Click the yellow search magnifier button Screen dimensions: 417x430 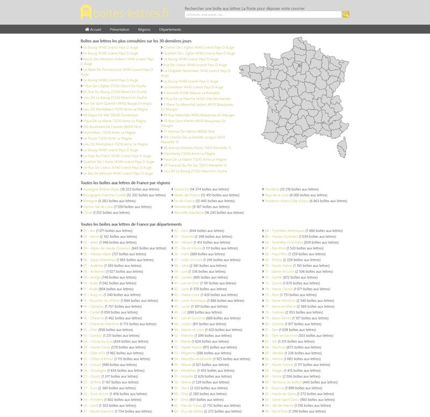coord(346,15)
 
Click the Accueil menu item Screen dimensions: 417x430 coord(93,30)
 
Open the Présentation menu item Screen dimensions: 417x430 coord(119,30)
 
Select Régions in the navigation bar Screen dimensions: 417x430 coord(144,30)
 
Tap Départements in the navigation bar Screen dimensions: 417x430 coord(170,30)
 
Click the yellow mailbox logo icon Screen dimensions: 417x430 coord(86,12)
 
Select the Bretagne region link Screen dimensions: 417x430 coord(90,201)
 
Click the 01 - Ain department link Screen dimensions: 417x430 coord(89,231)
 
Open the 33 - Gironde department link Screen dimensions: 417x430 coord(184,237)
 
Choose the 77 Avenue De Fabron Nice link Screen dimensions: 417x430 coord(189,131)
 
